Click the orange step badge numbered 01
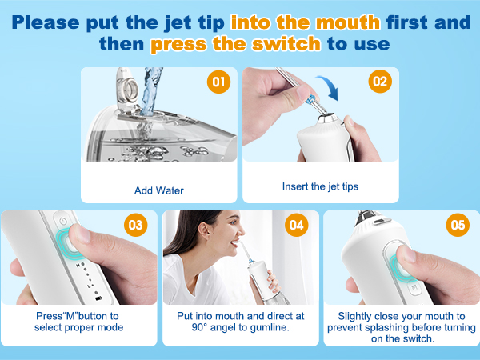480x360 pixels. click(218, 82)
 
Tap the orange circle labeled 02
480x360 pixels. click(380, 82)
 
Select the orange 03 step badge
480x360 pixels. click(136, 225)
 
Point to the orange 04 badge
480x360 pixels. click(296, 225)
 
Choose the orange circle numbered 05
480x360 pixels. click(458, 225)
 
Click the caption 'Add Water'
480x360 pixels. click(159, 190)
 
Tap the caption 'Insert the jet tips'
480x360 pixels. click(320, 186)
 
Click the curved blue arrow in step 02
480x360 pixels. click(329, 86)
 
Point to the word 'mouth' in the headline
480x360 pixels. click(348, 22)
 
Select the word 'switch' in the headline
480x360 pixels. click(286, 44)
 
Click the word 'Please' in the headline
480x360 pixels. click(46, 22)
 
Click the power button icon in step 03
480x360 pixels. click(63, 221)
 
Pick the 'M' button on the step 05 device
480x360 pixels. click(414, 287)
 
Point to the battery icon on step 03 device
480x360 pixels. click(98, 298)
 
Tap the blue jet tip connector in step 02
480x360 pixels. click(311, 99)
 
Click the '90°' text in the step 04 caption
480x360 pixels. click(199, 327)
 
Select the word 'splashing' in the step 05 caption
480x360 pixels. click(377, 327)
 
